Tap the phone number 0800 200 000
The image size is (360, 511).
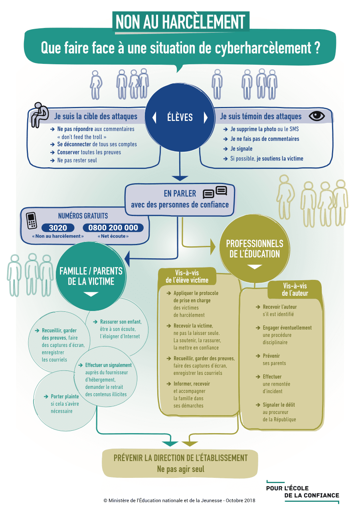coord(113,228)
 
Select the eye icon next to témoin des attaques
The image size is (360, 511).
coord(317,116)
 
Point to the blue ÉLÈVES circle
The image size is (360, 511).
coord(180,117)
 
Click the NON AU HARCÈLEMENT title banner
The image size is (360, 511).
coord(180,22)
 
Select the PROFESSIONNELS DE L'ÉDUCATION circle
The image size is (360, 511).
coord(255,249)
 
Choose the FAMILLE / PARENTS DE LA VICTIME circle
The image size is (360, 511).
coord(91,276)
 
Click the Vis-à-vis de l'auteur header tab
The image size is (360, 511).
coord(295,289)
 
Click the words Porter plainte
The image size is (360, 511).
coord(65,396)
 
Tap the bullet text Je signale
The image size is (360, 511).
coord(241,149)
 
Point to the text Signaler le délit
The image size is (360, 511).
coord(279,405)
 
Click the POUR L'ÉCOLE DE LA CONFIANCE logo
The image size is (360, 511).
coord(303,492)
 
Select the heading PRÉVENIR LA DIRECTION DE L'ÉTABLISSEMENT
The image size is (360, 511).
coord(180,458)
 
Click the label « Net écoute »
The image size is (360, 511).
coord(113,236)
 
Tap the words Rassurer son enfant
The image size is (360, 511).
coord(121,322)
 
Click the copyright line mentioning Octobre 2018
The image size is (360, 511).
coord(179,500)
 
